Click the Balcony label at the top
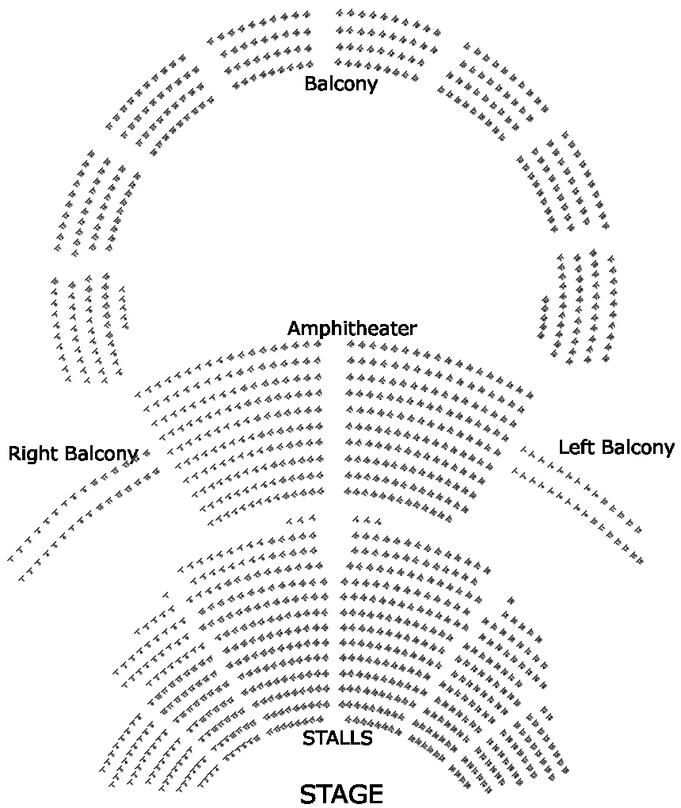tap(340, 83)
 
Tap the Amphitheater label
tap(352, 328)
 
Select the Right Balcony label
tap(73, 454)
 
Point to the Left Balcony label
tap(616, 448)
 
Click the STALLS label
tap(337, 738)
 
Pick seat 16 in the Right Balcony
tap(157, 472)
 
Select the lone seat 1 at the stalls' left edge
tap(166, 595)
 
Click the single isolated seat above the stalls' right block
tap(512, 600)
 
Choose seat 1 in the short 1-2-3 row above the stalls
tap(290, 520)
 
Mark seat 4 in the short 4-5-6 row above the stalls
tap(356, 519)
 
